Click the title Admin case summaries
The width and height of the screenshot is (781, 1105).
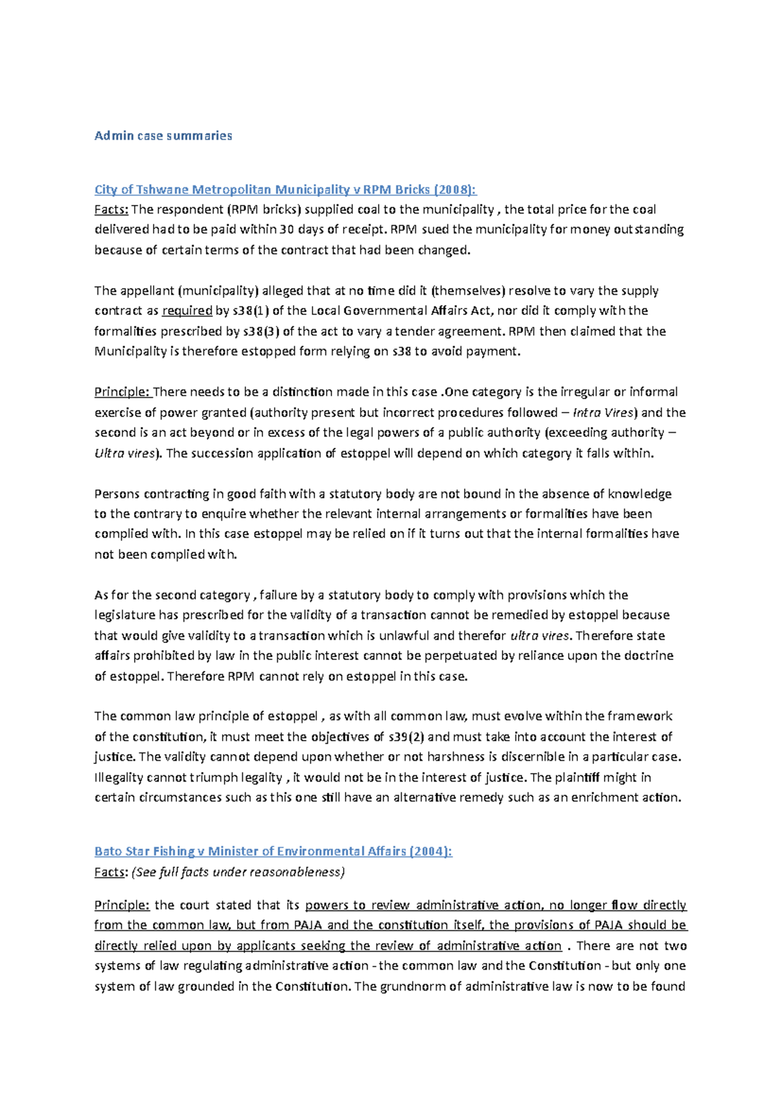pyautogui.click(x=163, y=135)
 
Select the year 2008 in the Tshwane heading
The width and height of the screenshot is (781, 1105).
pyautogui.click(x=455, y=189)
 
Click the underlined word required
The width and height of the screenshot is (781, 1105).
pyautogui.click(x=187, y=310)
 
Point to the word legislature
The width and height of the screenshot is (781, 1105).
pyautogui.click(x=125, y=615)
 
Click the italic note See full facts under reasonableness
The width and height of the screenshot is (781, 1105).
pyautogui.click(x=238, y=872)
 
